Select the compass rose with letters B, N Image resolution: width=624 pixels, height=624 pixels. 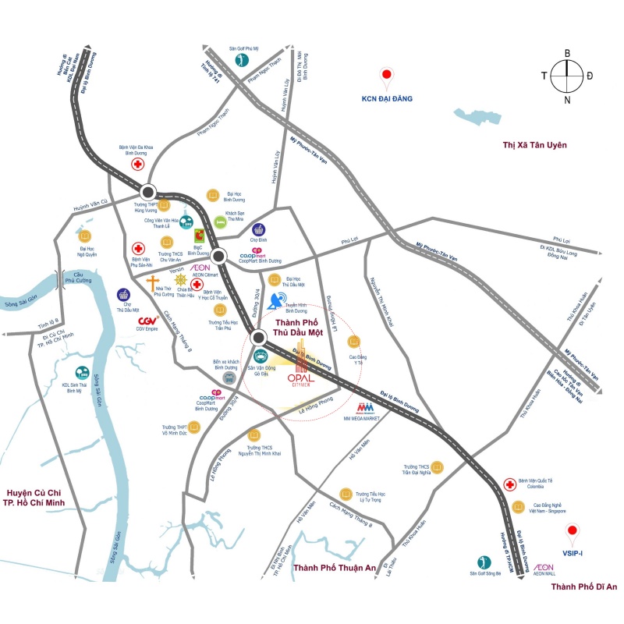567,76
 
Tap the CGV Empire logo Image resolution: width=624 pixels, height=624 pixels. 149,321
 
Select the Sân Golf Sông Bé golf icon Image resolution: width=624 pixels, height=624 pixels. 484,561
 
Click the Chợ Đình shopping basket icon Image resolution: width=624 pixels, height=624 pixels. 258,229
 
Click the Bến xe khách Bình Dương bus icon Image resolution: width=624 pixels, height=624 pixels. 229,378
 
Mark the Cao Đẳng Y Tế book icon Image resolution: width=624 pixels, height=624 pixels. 355,341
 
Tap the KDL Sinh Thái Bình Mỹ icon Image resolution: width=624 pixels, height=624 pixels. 81,374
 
